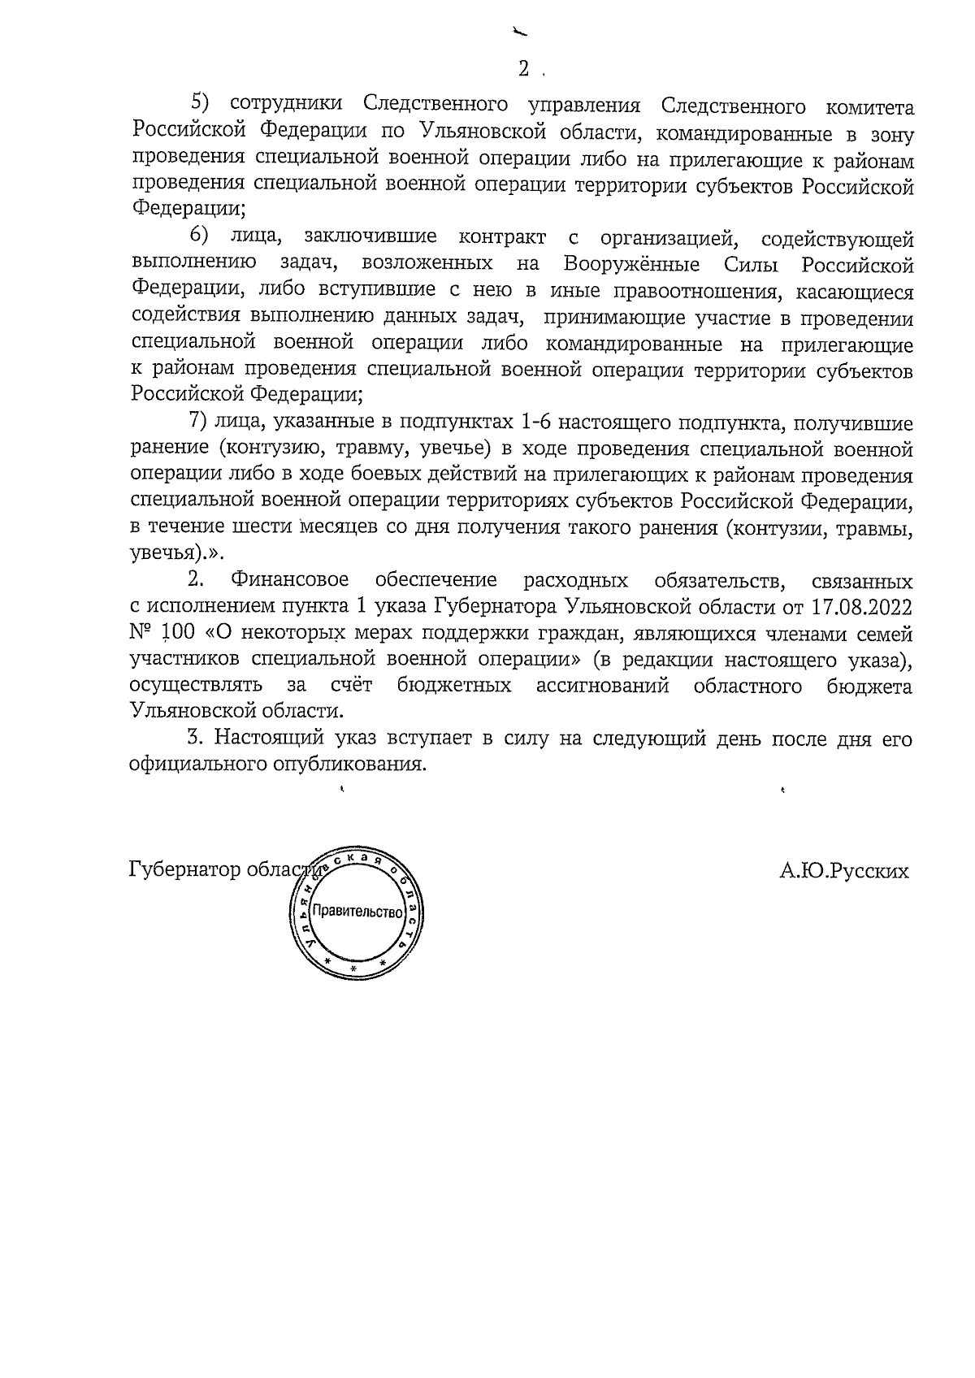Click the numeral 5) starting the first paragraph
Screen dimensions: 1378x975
tap(200, 105)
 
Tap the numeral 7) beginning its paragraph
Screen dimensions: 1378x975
tap(199, 423)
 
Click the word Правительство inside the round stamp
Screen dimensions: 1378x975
tap(357, 912)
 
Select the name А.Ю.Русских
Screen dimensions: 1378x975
tap(844, 871)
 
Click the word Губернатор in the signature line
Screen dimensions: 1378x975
tap(184, 871)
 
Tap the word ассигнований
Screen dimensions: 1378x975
tap(602, 686)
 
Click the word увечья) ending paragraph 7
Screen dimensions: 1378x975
tap(167, 554)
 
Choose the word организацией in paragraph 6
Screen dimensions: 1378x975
tap(667, 239)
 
